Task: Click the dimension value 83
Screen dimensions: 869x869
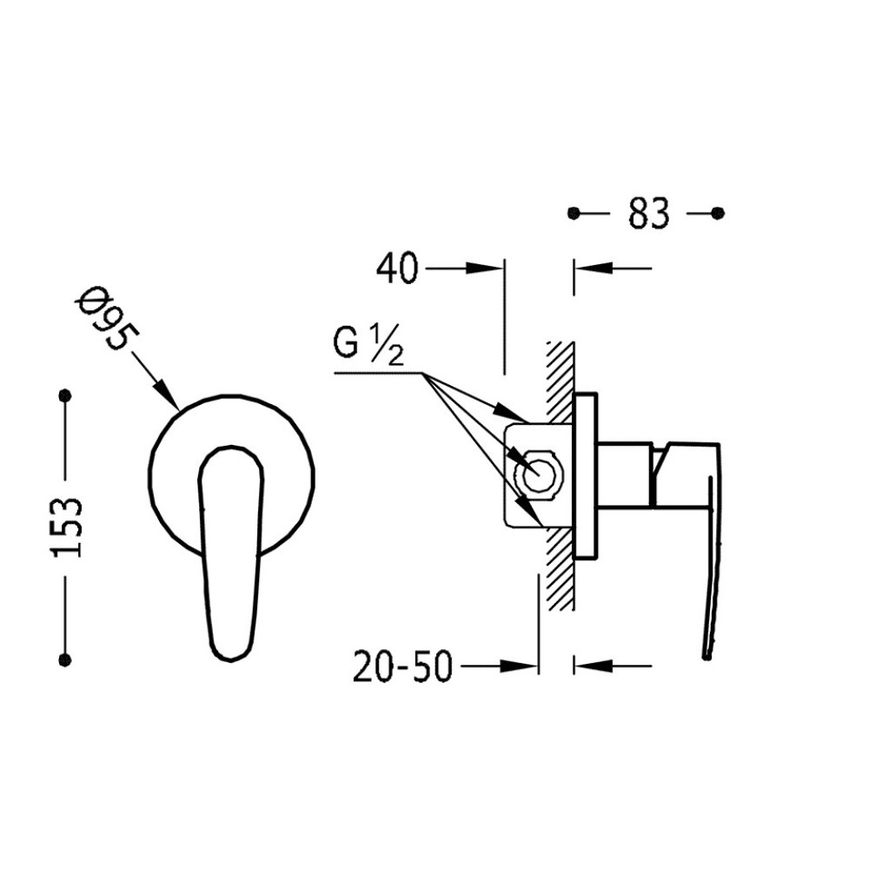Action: click(648, 213)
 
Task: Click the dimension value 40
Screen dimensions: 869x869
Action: click(397, 269)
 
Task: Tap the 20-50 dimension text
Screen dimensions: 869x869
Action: click(403, 667)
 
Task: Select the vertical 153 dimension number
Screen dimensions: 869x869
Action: click(67, 527)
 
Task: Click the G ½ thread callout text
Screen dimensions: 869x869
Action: click(368, 344)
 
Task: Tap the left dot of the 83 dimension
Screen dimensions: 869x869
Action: click(574, 213)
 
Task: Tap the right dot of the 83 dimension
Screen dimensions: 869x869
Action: click(718, 212)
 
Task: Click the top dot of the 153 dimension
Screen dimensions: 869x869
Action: click(65, 395)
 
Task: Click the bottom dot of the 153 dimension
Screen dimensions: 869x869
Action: click(65, 660)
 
